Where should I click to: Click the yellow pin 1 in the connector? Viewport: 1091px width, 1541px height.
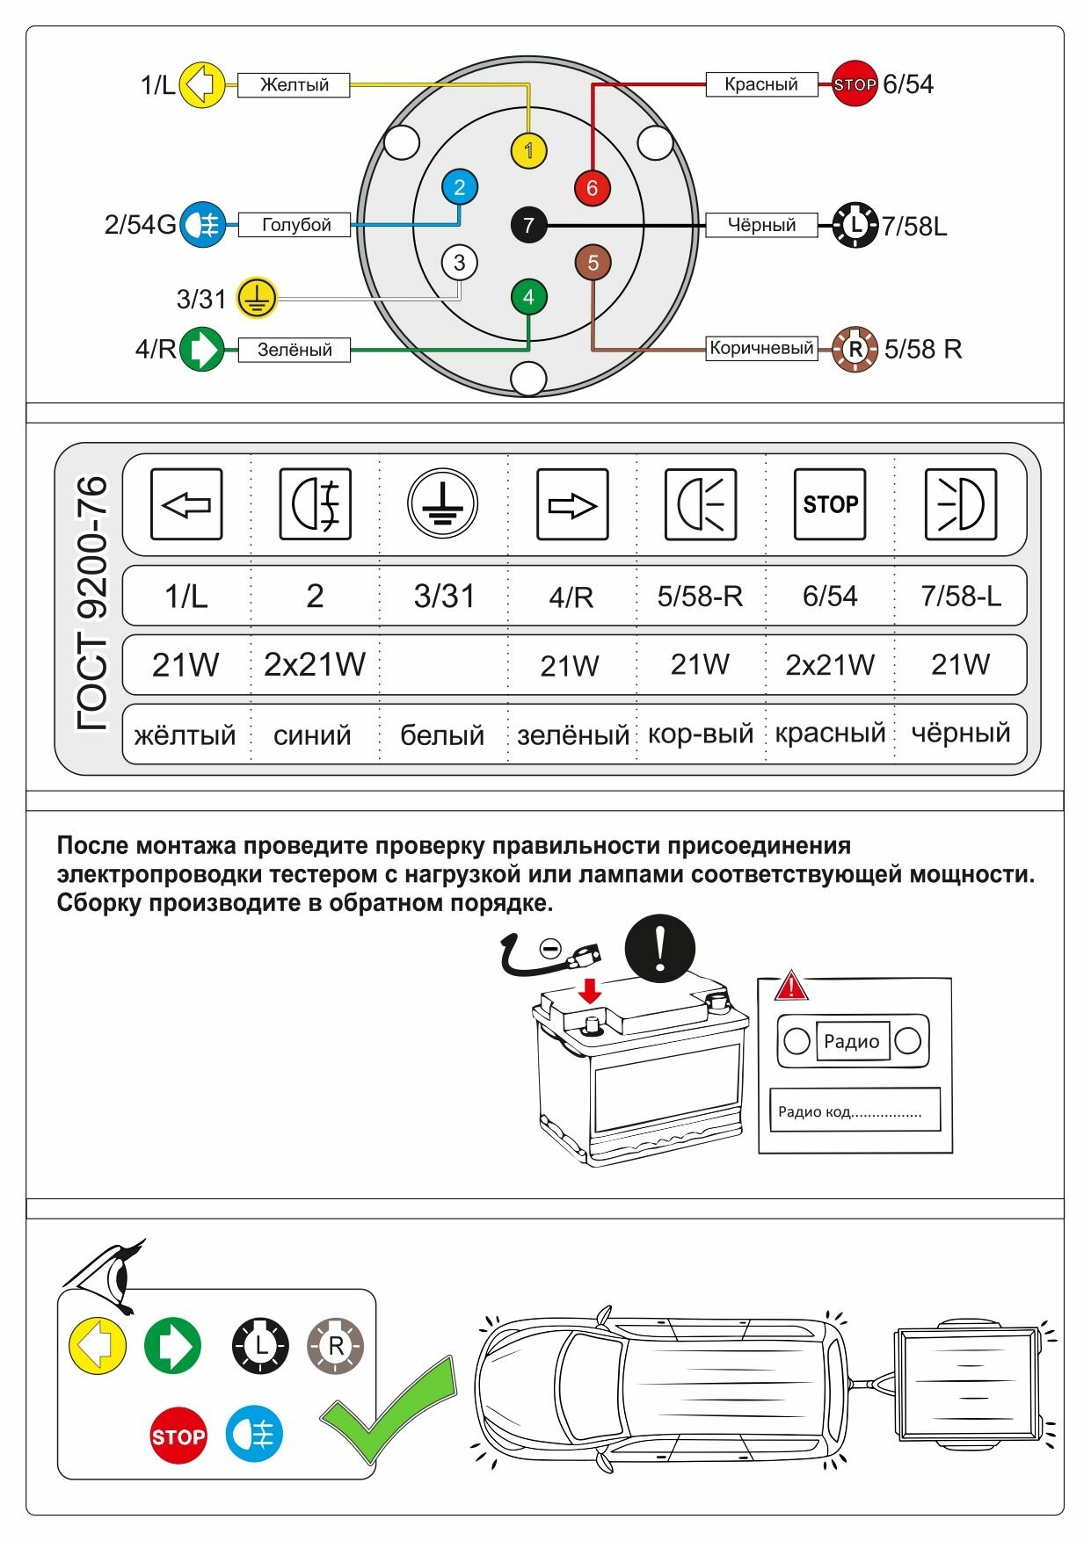pos(528,151)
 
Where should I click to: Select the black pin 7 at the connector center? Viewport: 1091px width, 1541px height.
pos(528,225)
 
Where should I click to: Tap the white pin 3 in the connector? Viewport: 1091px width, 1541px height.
pos(459,262)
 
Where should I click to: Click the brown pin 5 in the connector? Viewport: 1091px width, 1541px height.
pos(593,262)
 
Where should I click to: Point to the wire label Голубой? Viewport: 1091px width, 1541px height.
pos(295,225)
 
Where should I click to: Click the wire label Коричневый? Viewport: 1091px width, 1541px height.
pos(761,348)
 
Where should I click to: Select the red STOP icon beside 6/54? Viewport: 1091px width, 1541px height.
pos(855,84)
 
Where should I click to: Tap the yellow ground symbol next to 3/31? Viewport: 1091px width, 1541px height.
pos(257,299)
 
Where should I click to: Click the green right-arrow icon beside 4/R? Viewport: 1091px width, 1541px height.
pos(202,349)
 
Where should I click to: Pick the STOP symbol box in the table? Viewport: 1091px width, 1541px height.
pos(829,504)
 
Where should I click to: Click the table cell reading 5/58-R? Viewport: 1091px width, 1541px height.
pos(700,596)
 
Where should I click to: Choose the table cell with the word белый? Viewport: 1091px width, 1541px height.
pos(442,734)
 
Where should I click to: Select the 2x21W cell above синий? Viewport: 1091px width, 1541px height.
pos(314,664)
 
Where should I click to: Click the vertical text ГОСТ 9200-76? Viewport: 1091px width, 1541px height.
pos(91,604)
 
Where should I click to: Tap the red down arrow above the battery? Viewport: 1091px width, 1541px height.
pos(590,992)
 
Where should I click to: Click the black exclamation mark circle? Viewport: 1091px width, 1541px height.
pos(659,949)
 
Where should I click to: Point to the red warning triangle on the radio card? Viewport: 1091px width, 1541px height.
pos(791,987)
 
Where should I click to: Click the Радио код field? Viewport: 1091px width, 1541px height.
pos(855,1110)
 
